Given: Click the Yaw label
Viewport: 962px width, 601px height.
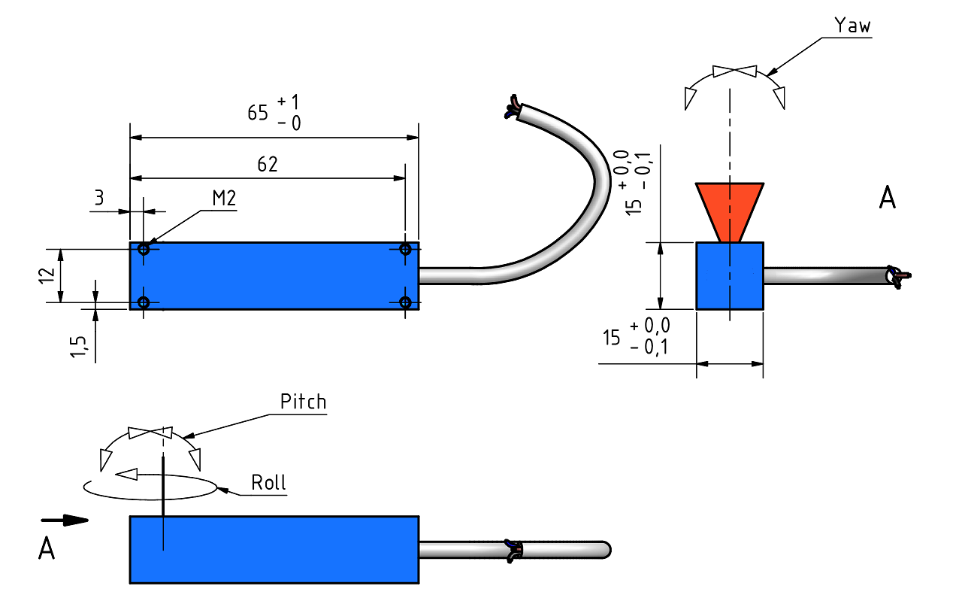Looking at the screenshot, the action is click(x=852, y=26).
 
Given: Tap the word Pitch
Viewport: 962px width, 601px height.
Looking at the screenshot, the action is click(x=303, y=402).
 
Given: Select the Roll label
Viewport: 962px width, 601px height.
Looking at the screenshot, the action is click(x=268, y=482).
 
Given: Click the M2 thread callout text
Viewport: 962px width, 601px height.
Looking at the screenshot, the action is click(x=224, y=198).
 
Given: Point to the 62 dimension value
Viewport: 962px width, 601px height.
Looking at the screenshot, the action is click(x=268, y=164).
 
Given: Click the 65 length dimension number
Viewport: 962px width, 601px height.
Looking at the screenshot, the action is click(x=258, y=113).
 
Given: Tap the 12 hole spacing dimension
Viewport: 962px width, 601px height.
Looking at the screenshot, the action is click(x=47, y=275).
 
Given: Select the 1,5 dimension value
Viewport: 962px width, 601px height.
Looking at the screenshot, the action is click(x=79, y=347).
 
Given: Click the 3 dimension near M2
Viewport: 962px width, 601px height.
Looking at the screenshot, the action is click(x=99, y=198).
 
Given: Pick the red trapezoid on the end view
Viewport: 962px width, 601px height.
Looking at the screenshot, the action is click(x=729, y=212).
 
